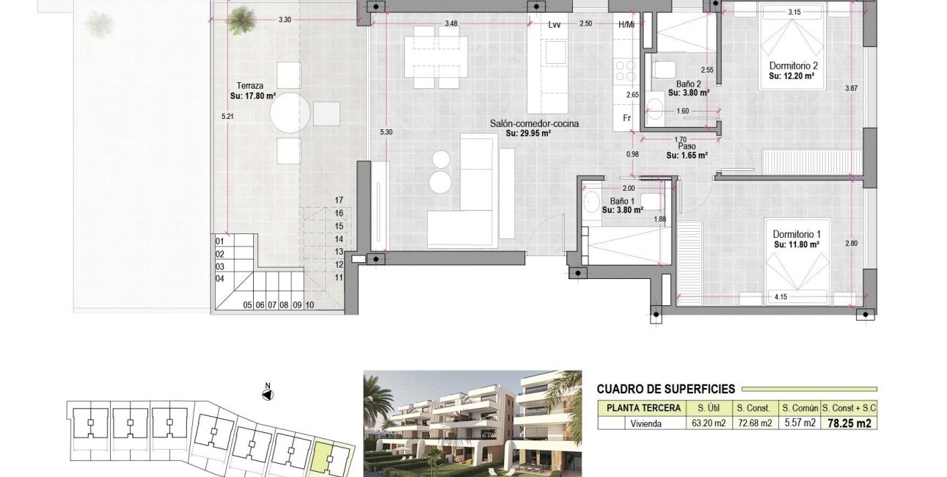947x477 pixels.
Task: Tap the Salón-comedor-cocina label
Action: tap(534, 124)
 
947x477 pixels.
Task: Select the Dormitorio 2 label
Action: tap(794, 65)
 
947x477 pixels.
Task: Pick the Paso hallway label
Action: tap(687, 146)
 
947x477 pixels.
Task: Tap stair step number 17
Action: tap(339, 200)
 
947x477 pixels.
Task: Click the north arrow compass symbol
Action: tap(268, 394)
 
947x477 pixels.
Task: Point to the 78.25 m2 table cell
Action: tap(848, 423)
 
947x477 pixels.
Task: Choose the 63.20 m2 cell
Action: tap(708, 423)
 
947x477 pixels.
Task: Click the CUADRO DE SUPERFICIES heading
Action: tap(665, 390)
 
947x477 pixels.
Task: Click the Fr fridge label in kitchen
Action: tap(627, 118)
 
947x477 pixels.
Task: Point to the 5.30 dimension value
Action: tap(386, 132)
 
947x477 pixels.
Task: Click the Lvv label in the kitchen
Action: tap(555, 24)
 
